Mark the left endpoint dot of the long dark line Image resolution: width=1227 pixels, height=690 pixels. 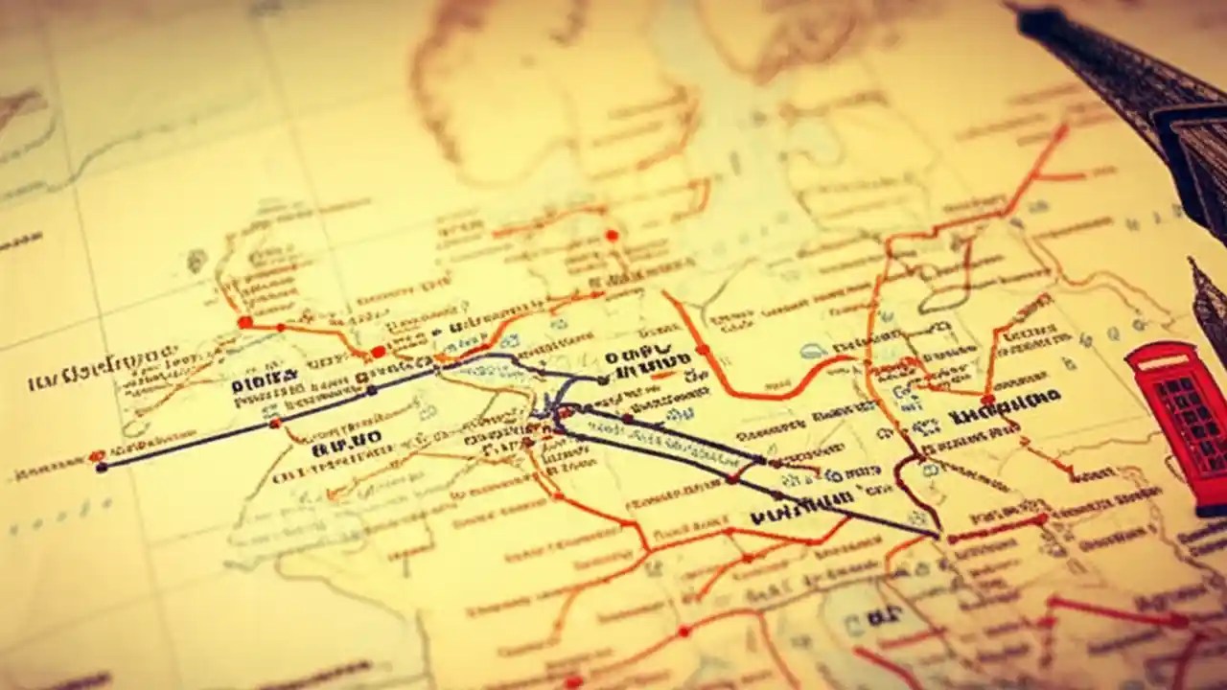(x=102, y=467)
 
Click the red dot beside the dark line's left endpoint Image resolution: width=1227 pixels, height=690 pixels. (x=94, y=456)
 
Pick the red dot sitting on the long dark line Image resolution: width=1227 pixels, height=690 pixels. (x=275, y=423)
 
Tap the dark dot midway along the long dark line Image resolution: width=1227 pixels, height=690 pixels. (x=372, y=390)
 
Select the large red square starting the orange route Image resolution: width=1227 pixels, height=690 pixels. (x=244, y=322)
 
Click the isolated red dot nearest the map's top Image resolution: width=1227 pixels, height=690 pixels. (x=612, y=235)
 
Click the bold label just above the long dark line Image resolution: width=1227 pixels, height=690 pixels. (x=265, y=384)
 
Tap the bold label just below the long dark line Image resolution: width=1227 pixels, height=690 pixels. (x=346, y=441)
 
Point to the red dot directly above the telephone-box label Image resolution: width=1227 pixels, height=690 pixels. (x=987, y=399)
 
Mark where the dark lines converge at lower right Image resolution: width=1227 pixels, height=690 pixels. (x=935, y=533)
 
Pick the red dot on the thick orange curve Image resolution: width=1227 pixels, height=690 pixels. (x=702, y=350)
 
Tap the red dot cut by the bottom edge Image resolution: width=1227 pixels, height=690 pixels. (x=573, y=682)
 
